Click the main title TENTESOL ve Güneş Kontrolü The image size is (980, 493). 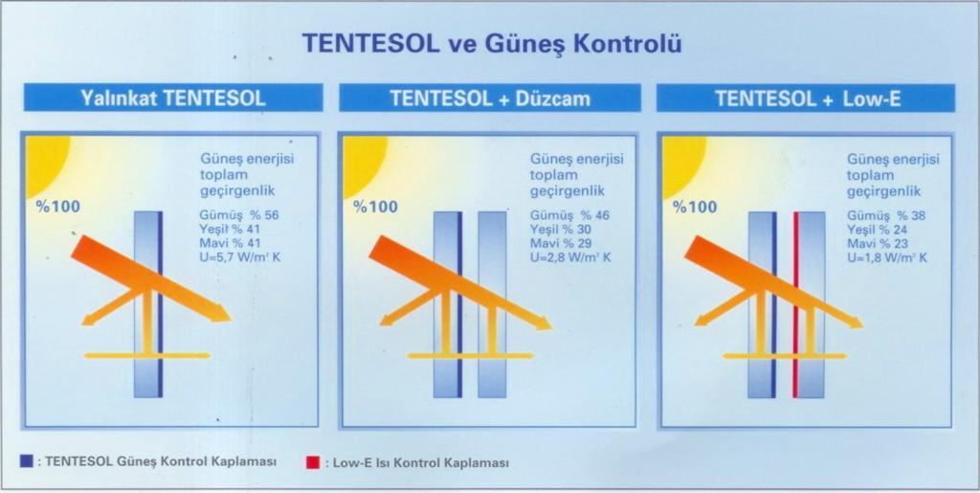[x=491, y=44]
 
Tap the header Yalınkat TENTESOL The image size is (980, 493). [x=173, y=98]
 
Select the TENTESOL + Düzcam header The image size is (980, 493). [x=490, y=99]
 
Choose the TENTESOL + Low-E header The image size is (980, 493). [x=808, y=99]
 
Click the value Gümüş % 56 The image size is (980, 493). [x=239, y=215]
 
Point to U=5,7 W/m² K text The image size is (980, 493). [x=240, y=257]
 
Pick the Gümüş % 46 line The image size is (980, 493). [x=569, y=215]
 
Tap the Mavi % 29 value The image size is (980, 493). [x=561, y=243]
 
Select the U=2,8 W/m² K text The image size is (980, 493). [x=570, y=257]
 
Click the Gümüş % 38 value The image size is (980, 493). [x=886, y=215]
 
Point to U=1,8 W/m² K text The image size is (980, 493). [x=887, y=258]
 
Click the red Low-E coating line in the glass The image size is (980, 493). [x=795, y=304]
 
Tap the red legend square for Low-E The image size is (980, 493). [x=313, y=463]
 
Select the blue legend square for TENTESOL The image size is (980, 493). [x=26, y=461]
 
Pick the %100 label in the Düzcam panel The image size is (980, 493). [x=375, y=207]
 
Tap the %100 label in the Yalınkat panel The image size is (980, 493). [x=58, y=206]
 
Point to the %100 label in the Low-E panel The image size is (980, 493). [x=695, y=207]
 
